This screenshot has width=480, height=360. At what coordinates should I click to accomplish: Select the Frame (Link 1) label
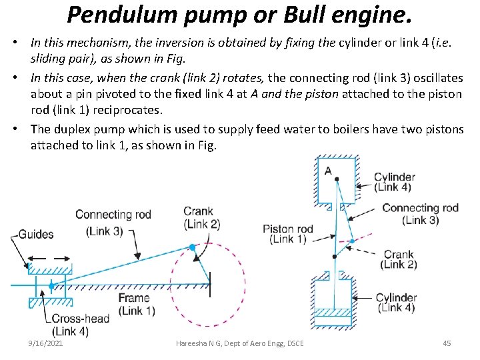(137, 304)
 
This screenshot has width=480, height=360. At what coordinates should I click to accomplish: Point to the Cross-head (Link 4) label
(79, 325)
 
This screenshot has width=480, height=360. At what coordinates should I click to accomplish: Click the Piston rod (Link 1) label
(287, 234)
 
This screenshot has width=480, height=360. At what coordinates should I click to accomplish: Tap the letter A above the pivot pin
(328, 171)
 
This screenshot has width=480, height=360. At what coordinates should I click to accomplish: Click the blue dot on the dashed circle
(192, 247)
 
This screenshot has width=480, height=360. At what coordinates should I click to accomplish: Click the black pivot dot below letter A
(337, 179)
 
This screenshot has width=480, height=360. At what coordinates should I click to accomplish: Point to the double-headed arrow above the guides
(45, 257)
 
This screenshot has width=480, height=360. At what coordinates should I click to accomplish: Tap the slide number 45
(447, 343)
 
